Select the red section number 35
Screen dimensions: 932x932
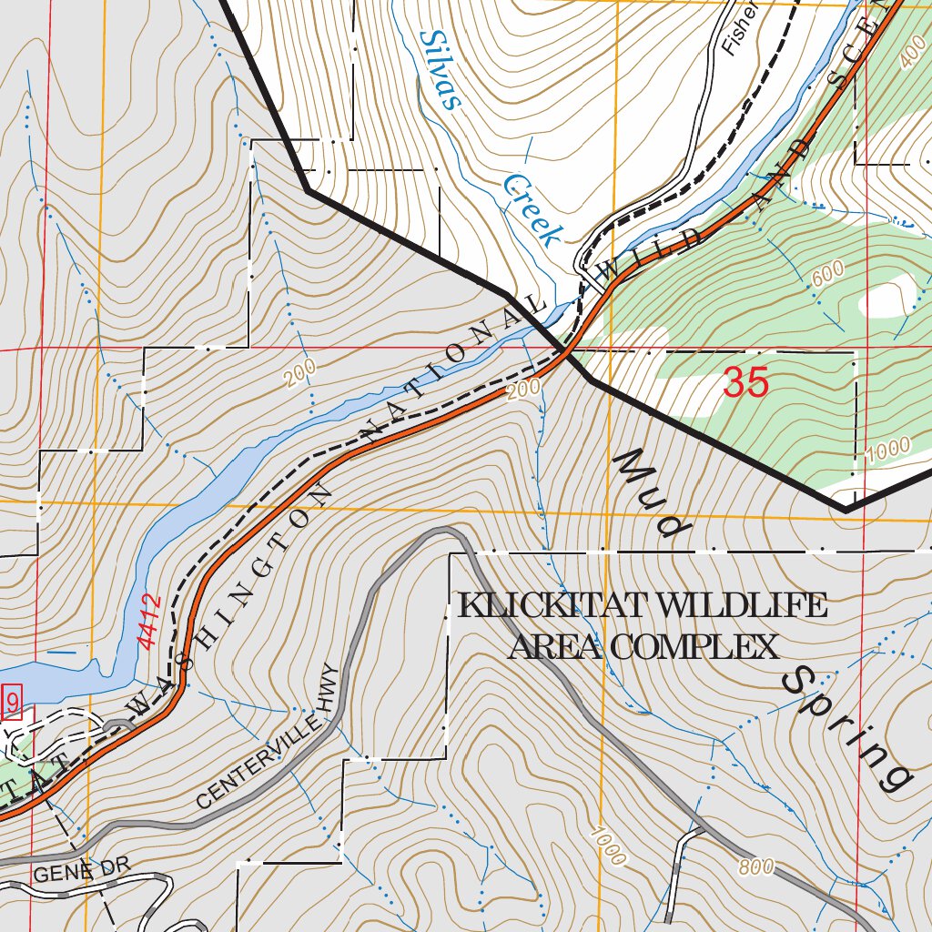pos(746,383)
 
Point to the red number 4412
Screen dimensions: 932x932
pos(151,622)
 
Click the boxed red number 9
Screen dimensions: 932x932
pos(12,703)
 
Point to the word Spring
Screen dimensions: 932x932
pos(847,729)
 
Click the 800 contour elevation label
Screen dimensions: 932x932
pos(756,867)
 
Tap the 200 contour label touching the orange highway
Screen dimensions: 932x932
pos(524,389)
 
